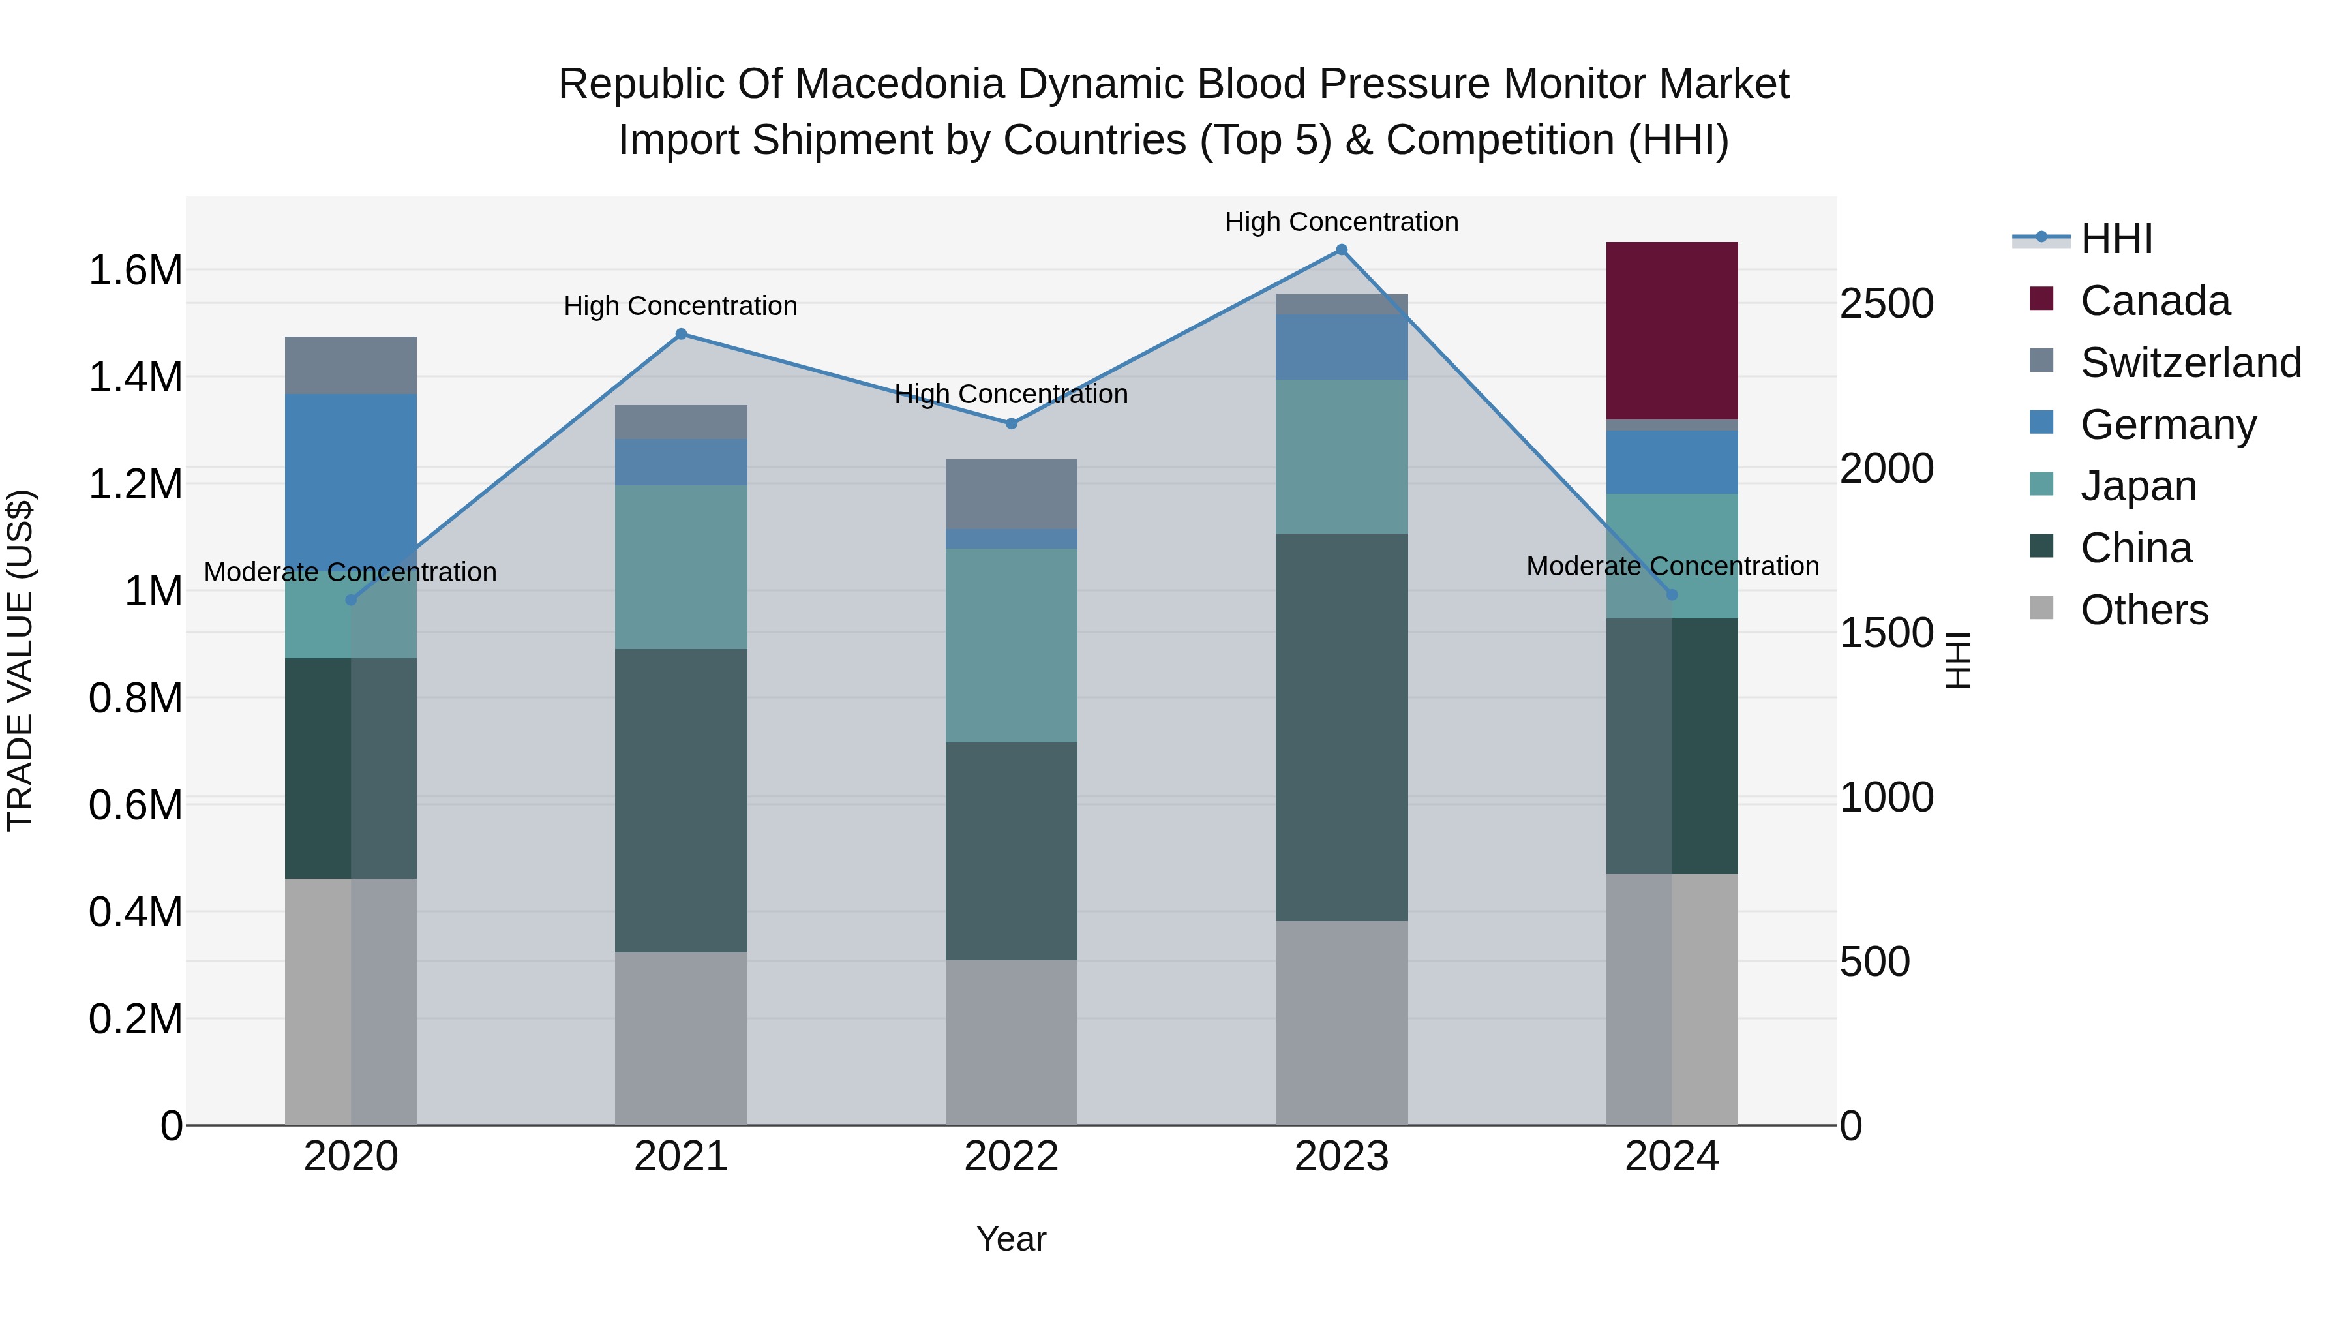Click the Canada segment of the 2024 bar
click(1671, 330)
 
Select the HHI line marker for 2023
click(1341, 250)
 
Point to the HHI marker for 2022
click(1011, 423)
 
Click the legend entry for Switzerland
click(2190, 363)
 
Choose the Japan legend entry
click(2137, 486)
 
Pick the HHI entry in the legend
click(2116, 239)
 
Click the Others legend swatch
click(2041, 608)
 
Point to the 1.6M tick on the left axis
click(135, 271)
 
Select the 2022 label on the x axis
click(1011, 1157)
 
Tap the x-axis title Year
click(1011, 1239)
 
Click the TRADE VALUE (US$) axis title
click(20, 660)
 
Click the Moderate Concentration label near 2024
click(1672, 566)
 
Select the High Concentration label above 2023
click(1341, 222)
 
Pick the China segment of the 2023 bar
click(1341, 727)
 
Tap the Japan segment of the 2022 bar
click(1011, 645)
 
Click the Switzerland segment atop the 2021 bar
click(681, 422)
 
